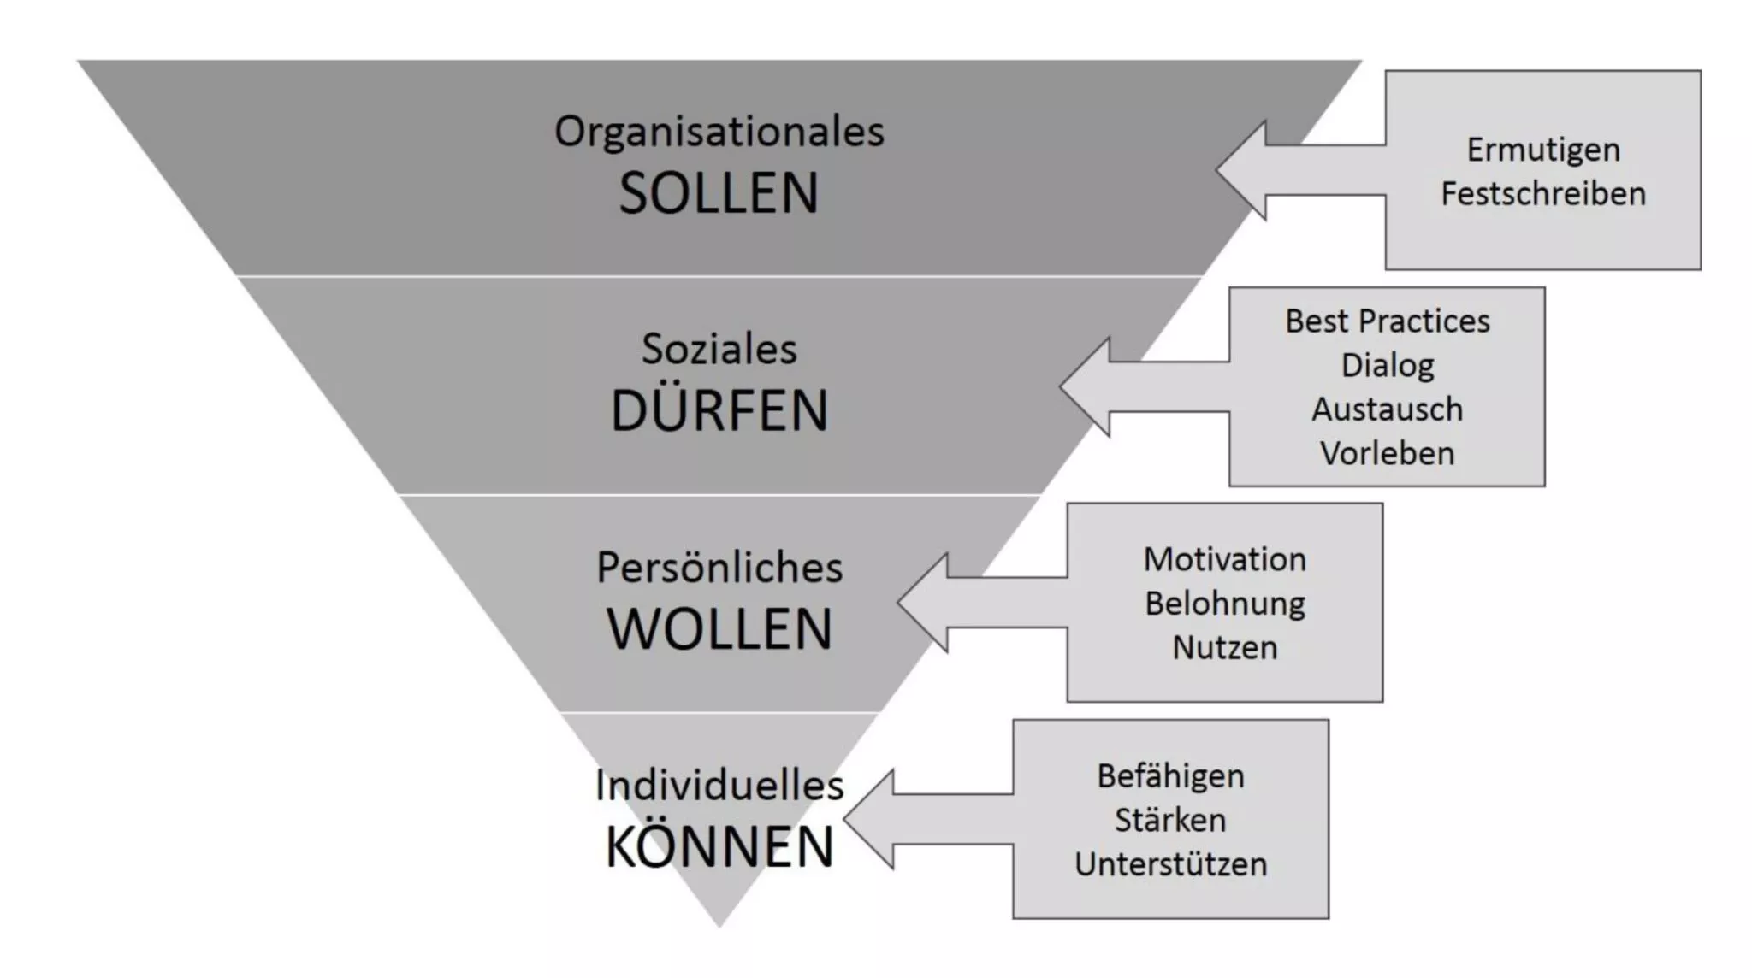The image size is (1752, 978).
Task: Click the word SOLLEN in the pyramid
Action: click(719, 193)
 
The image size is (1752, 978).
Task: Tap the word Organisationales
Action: click(719, 132)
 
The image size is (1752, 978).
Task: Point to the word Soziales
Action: click(719, 349)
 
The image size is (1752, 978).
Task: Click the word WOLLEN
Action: click(719, 629)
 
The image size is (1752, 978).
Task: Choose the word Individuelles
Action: click(719, 785)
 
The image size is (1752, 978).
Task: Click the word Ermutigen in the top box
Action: click(1543, 150)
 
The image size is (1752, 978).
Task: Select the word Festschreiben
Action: click(1543, 193)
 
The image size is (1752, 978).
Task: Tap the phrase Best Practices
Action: click(1388, 321)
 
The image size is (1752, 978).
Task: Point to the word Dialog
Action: click(1388, 366)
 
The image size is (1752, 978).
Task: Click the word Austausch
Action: click(1388, 409)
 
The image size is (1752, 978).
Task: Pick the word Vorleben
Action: click(1388, 453)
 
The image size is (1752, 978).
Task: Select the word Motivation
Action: click(1225, 559)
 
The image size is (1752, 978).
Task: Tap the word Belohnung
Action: click(1225, 604)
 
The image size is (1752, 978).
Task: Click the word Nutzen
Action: click(1225, 647)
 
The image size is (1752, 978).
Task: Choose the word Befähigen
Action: click(1171, 776)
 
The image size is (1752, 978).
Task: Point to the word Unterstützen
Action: click(1171, 863)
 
